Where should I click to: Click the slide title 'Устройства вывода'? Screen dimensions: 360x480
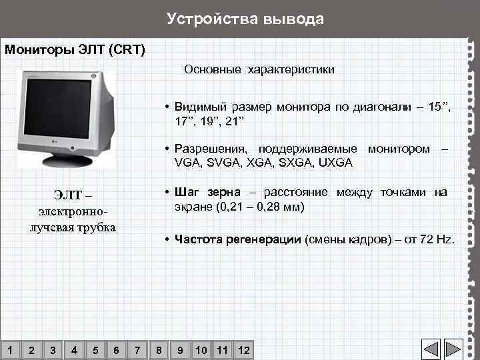[245, 19]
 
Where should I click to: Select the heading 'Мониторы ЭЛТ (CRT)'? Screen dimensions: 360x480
[75, 50]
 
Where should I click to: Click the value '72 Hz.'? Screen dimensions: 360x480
[437, 240]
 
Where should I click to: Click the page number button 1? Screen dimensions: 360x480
[9, 349]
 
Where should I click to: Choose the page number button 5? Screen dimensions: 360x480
[95, 349]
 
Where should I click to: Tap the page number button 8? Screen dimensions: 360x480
[159, 349]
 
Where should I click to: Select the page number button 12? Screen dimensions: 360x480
[244, 349]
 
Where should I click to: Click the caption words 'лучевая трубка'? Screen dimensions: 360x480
[73, 227]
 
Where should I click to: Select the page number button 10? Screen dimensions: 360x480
[201, 349]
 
